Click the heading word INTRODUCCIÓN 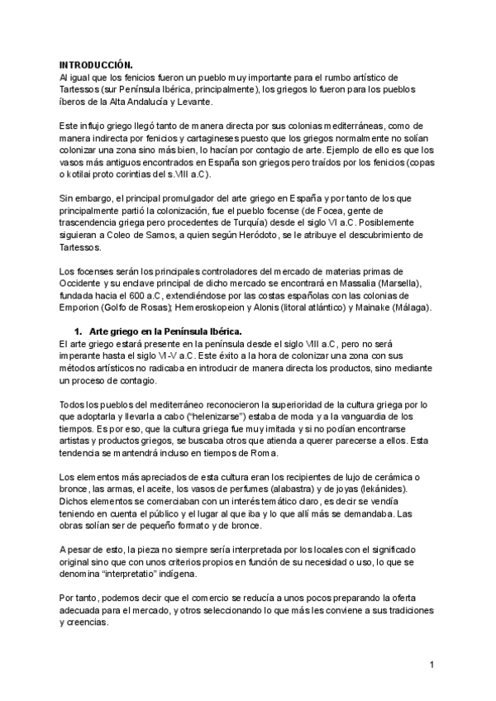click(96, 64)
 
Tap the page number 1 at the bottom click(432, 664)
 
